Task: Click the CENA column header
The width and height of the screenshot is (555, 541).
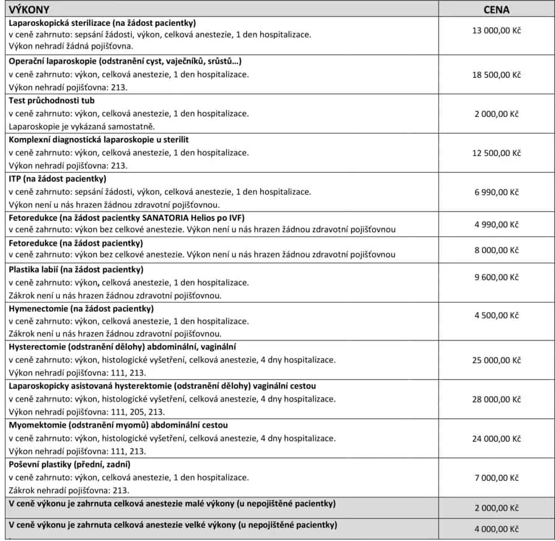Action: [x=496, y=9]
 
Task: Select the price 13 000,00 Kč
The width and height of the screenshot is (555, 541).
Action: [x=496, y=31]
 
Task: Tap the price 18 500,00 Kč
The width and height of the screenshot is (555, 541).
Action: [x=496, y=75]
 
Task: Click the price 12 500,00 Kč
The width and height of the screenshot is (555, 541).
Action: [x=496, y=153]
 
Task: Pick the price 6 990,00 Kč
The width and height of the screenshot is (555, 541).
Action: [x=496, y=192]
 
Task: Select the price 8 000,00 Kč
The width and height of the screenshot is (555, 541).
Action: [x=496, y=250]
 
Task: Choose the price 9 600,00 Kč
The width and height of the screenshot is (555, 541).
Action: [x=496, y=277]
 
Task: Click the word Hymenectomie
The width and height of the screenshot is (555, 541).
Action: [x=36, y=309]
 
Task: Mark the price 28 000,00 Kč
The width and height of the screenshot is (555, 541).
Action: [x=496, y=399]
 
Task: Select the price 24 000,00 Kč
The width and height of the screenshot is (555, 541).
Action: [x=496, y=438]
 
